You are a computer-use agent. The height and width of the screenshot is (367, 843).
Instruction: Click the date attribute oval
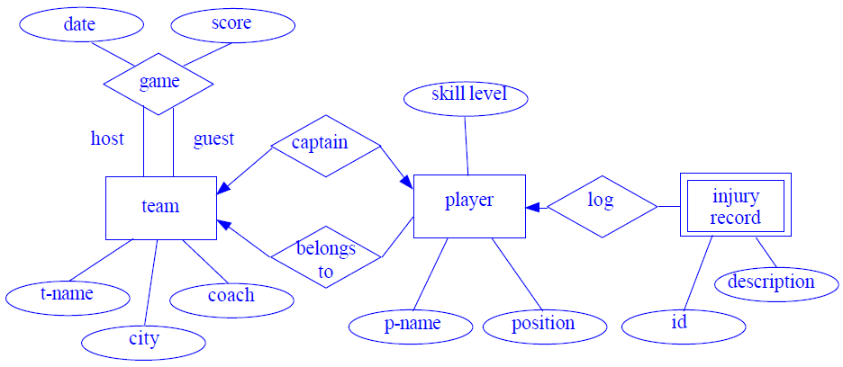click(x=80, y=25)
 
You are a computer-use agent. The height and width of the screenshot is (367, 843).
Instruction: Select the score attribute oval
click(x=231, y=24)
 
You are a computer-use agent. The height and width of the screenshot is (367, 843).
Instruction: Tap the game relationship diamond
click(x=159, y=83)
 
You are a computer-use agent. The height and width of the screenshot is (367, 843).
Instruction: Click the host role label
click(x=107, y=139)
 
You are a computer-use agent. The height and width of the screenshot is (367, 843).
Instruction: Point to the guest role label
click(x=213, y=139)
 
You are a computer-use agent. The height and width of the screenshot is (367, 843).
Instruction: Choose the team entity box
click(x=161, y=207)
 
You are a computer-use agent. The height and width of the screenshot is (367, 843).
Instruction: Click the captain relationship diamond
click(x=325, y=145)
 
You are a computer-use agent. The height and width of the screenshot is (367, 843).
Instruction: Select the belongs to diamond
click(x=326, y=258)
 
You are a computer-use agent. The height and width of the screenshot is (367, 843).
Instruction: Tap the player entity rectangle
click(x=469, y=206)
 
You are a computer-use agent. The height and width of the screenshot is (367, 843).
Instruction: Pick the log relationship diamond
click(x=602, y=206)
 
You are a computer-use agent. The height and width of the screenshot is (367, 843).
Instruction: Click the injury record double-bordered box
click(x=735, y=206)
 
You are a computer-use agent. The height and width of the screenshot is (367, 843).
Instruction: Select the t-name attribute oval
click(x=68, y=294)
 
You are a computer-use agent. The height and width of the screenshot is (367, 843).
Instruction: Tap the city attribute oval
click(x=143, y=339)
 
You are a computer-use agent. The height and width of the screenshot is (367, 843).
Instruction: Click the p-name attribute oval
click(x=410, y=325)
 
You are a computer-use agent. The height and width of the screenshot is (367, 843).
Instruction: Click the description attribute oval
click(x=771, y=282)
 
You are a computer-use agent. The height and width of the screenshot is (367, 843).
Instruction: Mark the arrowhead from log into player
click(x=532, y=207)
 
